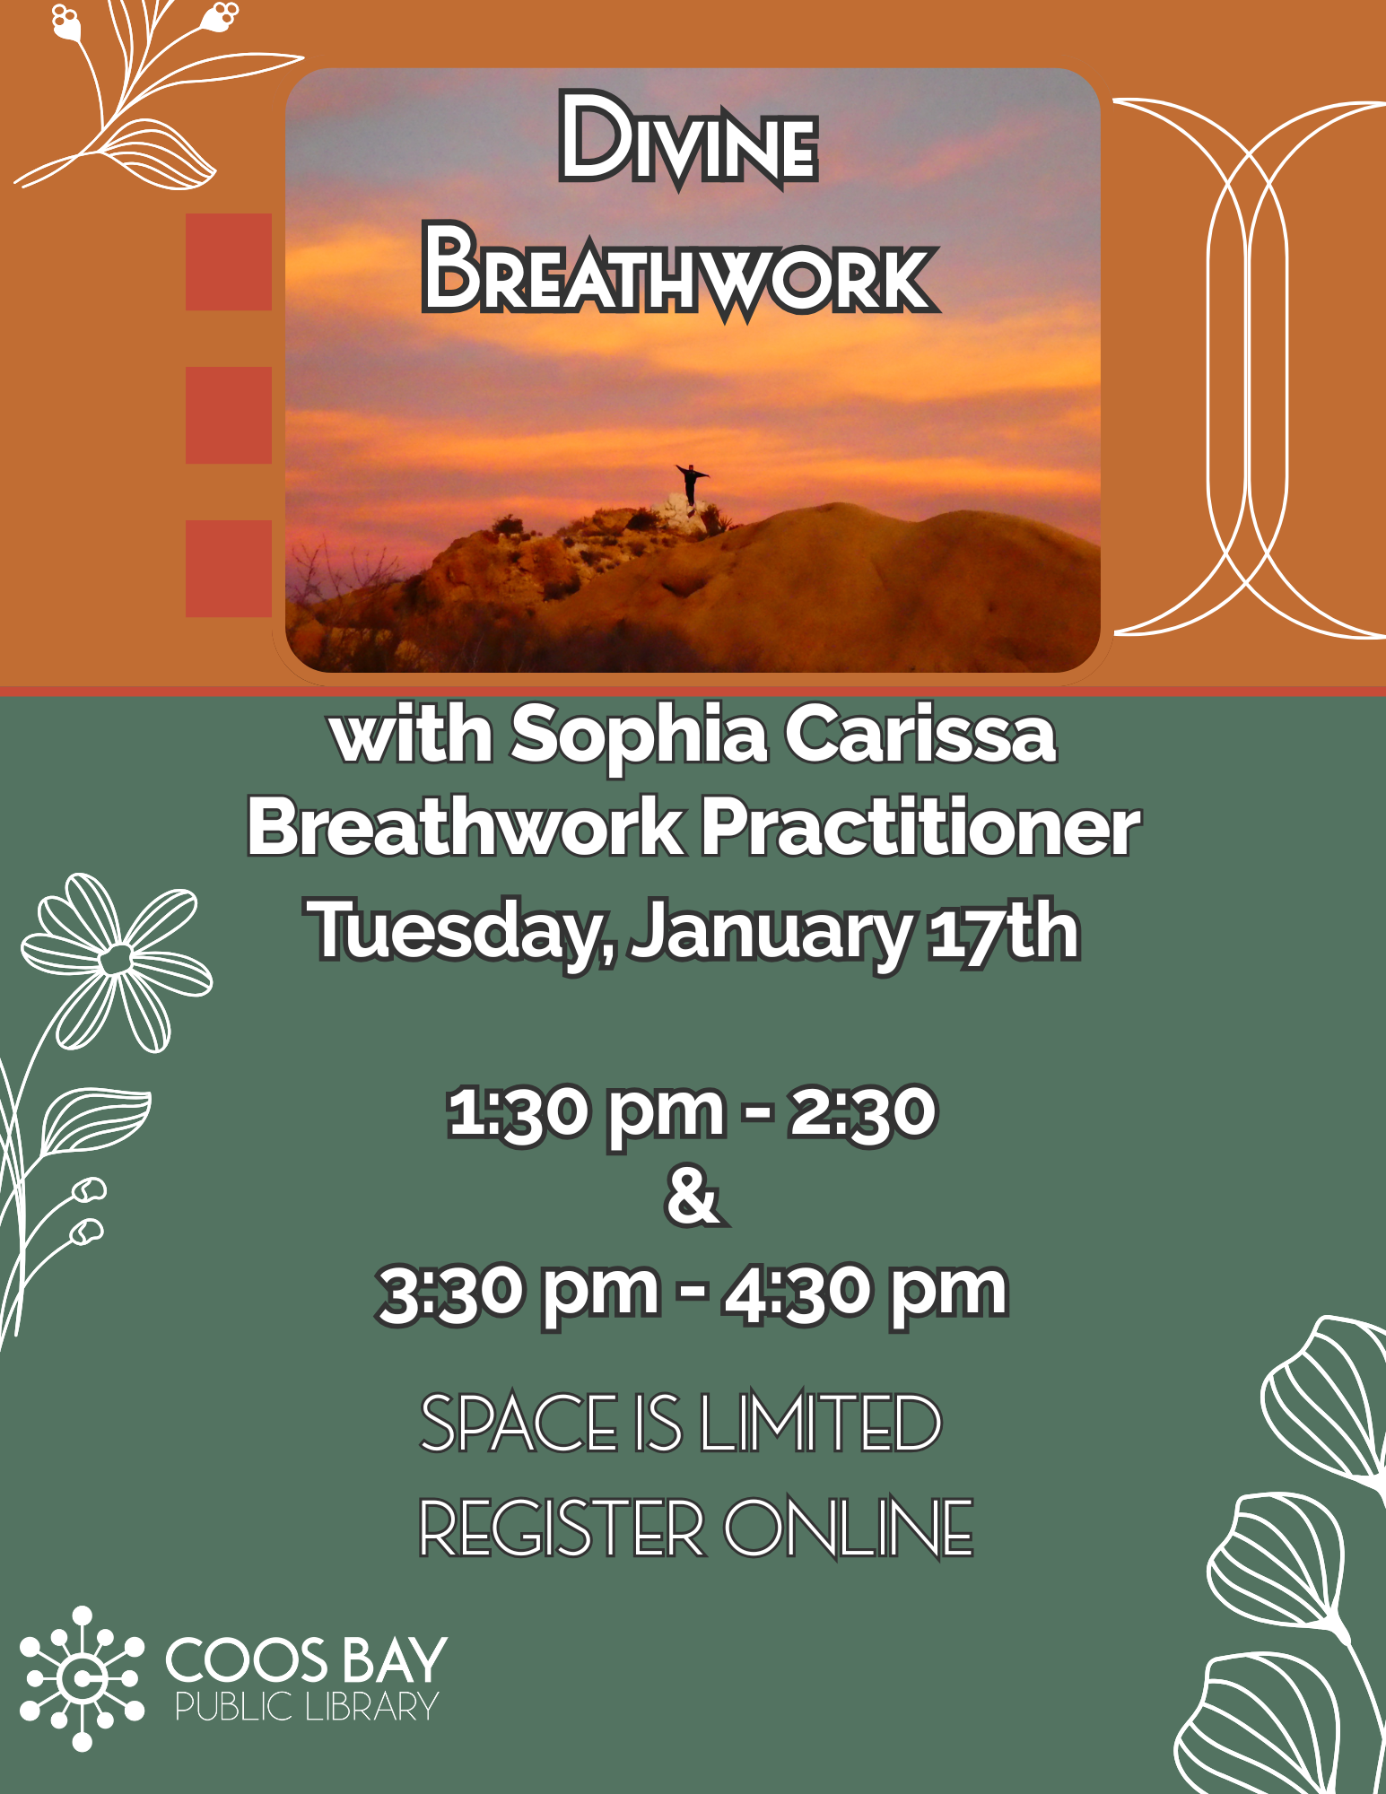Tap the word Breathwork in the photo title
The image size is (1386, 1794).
click(680, 272)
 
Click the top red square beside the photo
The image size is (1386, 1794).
click(229, 262)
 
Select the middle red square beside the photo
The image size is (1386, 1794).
click(229, 415)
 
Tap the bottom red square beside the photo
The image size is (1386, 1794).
click(229, 569)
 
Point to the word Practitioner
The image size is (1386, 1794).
click(920, 828)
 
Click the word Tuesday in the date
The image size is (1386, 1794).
click(458, 933)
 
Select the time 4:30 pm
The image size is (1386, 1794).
click(866, 1293)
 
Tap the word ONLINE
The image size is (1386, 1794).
click(849, 1528)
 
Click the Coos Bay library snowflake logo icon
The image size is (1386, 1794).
click(82, 1678)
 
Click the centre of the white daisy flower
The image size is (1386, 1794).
click(116, 960)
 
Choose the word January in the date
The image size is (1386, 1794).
click(771, 933)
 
